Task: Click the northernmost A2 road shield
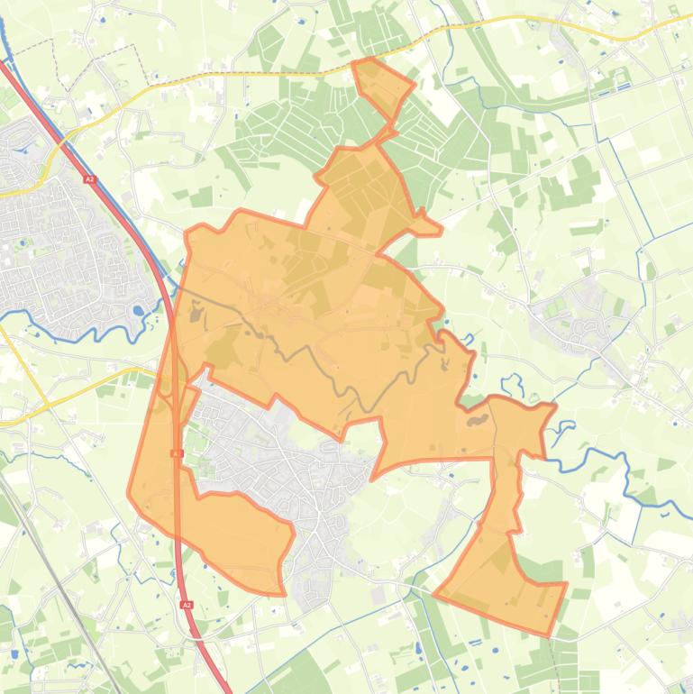[x=89, y=179]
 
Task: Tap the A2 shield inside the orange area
[x=177, y=453]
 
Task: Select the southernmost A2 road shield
[x=187, y=605]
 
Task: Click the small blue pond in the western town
[x=137, y=311]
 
